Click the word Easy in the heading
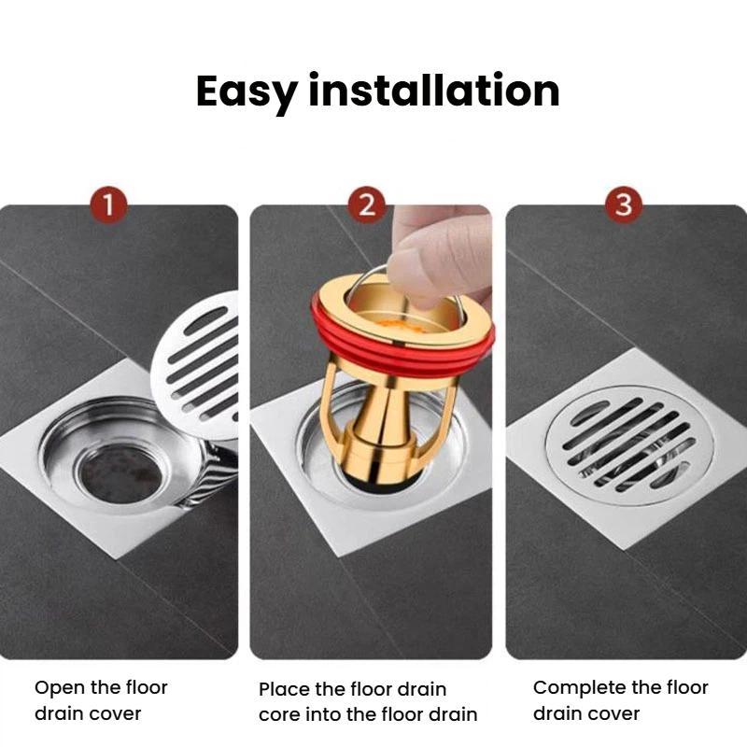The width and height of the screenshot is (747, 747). [x=247, y=92]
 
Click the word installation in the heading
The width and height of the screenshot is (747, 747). [x=434, y=89]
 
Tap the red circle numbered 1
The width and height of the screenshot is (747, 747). [x=109, y=204]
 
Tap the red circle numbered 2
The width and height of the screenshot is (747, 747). [x=367, y=204]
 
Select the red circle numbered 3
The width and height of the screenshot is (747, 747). [x=624, y=204]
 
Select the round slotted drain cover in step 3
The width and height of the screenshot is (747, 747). [x=628, y=446]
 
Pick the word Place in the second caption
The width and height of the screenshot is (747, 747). [x=285, y=689]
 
